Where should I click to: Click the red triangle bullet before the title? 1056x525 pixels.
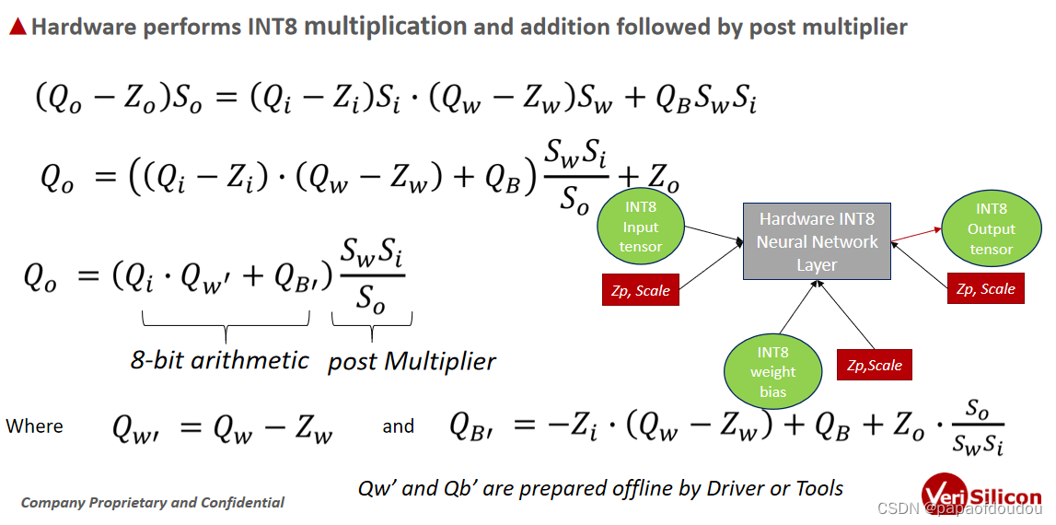click(x=17, y=27)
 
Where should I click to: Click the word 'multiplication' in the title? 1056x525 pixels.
click(x=385, y=26)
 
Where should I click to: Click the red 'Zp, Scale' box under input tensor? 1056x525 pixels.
click(x=640, y=291)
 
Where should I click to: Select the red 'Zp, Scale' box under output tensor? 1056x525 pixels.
click(x=985, y=289)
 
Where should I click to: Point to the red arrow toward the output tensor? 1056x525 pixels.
click(x=915, y=235)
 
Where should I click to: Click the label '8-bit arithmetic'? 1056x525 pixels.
click(x=219, y=359)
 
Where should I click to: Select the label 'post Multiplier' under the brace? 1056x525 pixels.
click(x=412, y=362)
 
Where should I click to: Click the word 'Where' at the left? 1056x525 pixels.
click(x=35, y=426)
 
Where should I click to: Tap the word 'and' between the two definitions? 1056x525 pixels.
click(x=398, y=426)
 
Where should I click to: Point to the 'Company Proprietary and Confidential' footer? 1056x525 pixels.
click(x=153, y=503)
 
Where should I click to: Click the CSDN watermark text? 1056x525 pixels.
click(x=958, y=509)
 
